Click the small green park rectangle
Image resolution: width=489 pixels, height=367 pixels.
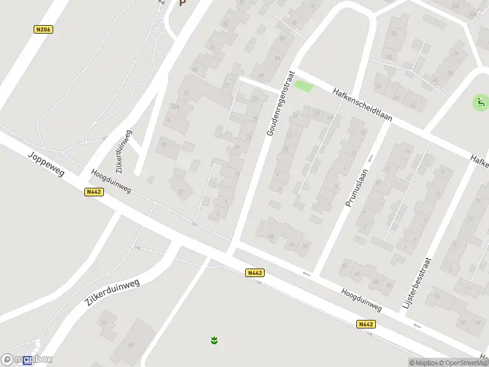[303, 86]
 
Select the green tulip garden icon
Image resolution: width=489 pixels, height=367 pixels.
[214, 339]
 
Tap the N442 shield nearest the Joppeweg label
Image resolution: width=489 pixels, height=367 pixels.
[94, 192]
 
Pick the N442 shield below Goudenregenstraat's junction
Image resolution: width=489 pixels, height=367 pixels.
[256, 273]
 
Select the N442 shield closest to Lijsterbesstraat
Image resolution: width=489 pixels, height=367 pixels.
[366, 324]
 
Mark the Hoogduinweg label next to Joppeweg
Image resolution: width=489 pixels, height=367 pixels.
[111, 182]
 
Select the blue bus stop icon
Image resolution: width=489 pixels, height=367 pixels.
[27, 361]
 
